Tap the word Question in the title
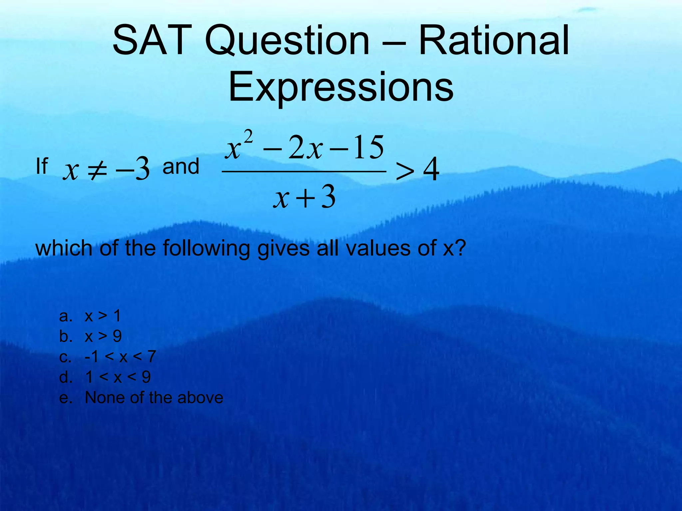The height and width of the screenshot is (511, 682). pyautogui.click(x=287, y=41)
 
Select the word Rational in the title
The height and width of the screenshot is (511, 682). pyautogui.click(x=494, y=41)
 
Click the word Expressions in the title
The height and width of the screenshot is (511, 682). pyautogui.click(x=341, y=87)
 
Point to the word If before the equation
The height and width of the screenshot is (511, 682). pyautogui.click(x=42, y=166)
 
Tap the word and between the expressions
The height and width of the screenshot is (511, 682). pyautogui.click(x=180, y=166)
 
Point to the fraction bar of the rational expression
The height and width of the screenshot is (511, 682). pyautogui.click(x=304, y=172)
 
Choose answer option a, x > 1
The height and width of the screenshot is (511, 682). pyautogui.click(x=103, y=316)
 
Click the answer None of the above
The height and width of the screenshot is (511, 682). pyautogui.click(x=154, y=398)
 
